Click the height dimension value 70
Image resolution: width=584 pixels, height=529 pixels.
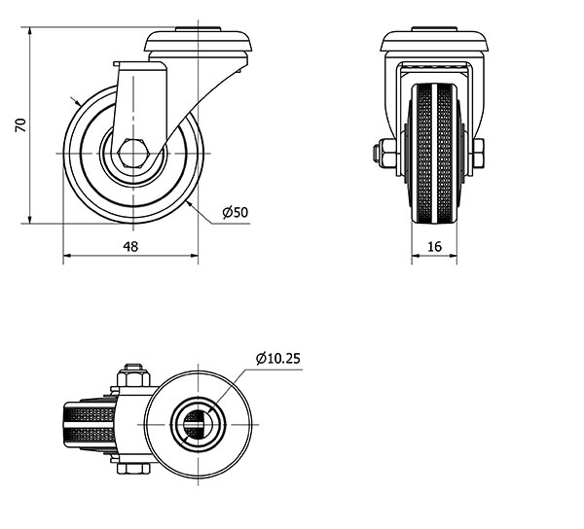click(20, 125)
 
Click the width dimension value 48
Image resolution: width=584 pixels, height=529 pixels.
click(130, 246)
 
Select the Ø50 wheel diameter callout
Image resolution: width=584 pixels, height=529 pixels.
click(236, 212)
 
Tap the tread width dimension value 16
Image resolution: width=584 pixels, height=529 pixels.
click(434, 246)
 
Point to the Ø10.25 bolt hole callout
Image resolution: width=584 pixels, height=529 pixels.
click(278, 358)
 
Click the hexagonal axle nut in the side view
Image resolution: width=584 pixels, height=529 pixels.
click(133, 153)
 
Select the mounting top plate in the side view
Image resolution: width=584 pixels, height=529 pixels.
click(199, 40)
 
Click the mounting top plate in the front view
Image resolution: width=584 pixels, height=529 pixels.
click(434, 40)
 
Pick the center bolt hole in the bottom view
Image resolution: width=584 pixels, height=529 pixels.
click(198, 424)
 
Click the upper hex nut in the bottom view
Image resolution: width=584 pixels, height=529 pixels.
click(133, 375)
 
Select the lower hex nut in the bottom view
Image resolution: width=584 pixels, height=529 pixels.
click(133, 469)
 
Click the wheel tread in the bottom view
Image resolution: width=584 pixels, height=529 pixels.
click(89, 424)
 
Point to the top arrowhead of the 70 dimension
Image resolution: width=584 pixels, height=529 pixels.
click(30, 32)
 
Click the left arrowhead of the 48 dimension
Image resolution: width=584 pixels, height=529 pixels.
click(68, 256)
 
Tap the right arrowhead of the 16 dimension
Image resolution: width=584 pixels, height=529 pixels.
click(453, 256)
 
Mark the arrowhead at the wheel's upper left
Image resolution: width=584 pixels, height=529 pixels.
click(77, 102)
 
